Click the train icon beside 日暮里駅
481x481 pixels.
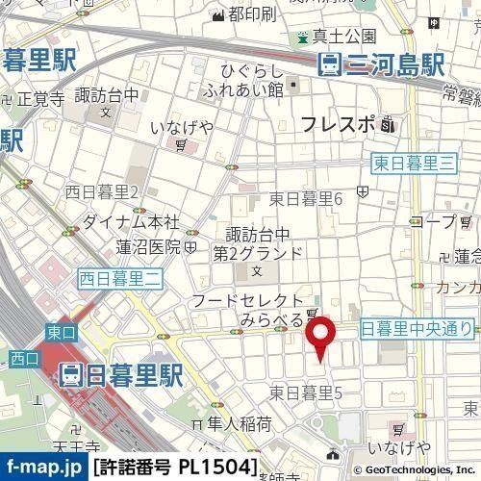click(71, 374)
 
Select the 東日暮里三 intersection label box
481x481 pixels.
click(412, 165)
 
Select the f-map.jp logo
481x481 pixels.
click(43, 468)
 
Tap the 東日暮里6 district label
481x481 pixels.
click(306, 199)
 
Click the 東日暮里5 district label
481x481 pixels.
click(306, 392)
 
